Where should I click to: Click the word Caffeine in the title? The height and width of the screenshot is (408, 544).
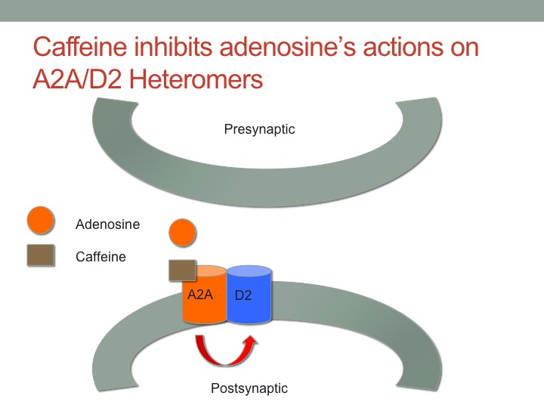[x=80, y=47]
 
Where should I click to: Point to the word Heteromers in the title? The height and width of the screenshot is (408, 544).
[x=196, y=79]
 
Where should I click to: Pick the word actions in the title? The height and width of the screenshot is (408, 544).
[x=403, y=47]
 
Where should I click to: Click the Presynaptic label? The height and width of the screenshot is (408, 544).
[x=259, y=129]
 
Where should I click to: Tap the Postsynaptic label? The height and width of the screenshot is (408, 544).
[x=249, y=388]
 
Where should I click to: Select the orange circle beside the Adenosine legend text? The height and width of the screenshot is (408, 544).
[x=41, y=220]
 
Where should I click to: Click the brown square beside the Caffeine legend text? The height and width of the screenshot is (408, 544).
[x=41, y=255]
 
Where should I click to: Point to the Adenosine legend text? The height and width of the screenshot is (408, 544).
[x=107, y=224]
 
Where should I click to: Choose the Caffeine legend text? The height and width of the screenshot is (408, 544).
[x=100, y=257]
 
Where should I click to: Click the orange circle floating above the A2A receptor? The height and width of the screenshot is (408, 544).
[x=183, y=233]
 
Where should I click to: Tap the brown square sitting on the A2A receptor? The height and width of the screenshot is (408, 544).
[x=183, y=270]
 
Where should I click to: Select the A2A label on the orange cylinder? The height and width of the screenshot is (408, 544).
[x=199, y=295]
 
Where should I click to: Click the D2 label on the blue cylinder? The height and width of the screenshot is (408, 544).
[x=243, y=295]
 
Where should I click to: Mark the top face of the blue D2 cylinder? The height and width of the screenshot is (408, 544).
[x=249, y=271]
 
